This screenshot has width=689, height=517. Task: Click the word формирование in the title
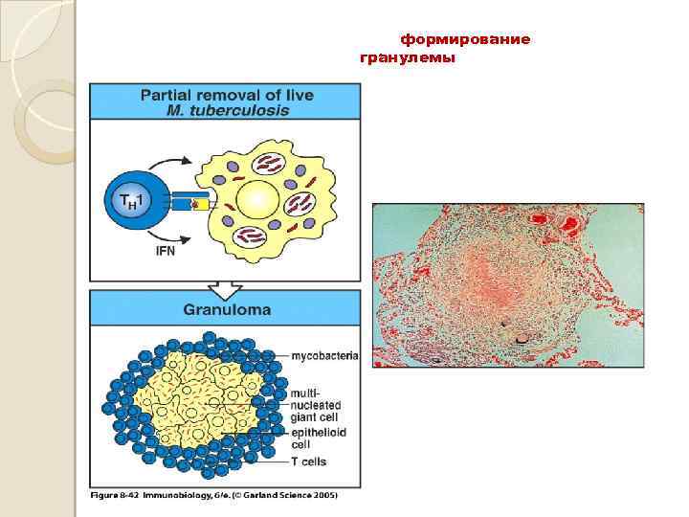[465, 40]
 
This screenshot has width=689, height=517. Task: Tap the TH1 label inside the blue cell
[129, 202]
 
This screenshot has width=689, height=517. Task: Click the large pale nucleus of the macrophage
[256, 202]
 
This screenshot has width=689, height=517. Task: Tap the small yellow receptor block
[203, 203]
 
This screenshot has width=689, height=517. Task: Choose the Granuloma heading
[226, 310]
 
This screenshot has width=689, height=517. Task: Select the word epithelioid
[316, 432]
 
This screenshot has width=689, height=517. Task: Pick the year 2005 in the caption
[323, 495]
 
